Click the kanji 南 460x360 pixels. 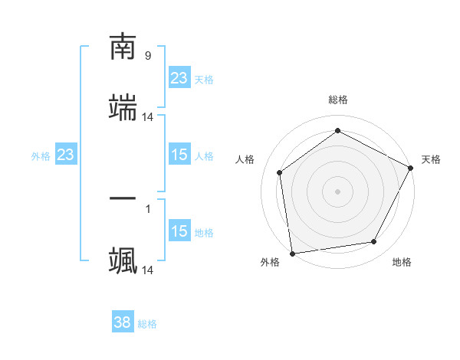(123, 48)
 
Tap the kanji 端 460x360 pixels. (123, 108)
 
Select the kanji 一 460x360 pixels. (123, 199)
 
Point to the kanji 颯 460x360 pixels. (123, 260)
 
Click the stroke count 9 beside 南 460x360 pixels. (148, 56)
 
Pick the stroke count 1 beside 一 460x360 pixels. (148, 208)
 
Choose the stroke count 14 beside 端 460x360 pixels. (148, 117)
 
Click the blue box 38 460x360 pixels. (123, 323)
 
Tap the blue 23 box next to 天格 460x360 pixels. (179, 78)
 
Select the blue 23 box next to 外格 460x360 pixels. (66, 155)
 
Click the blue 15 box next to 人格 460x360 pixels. (179, 155)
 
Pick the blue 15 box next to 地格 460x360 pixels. (179, 231)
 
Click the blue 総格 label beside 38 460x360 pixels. (147, 324)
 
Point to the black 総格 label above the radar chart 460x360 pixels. (338, 100)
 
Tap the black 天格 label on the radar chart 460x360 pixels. (431, 159)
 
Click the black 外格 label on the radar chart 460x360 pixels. (270, 263)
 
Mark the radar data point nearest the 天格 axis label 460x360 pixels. (411, 168)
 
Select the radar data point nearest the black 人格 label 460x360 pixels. (280, 172)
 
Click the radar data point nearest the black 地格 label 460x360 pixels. (374, 241)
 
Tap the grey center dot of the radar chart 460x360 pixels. (338, 191)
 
